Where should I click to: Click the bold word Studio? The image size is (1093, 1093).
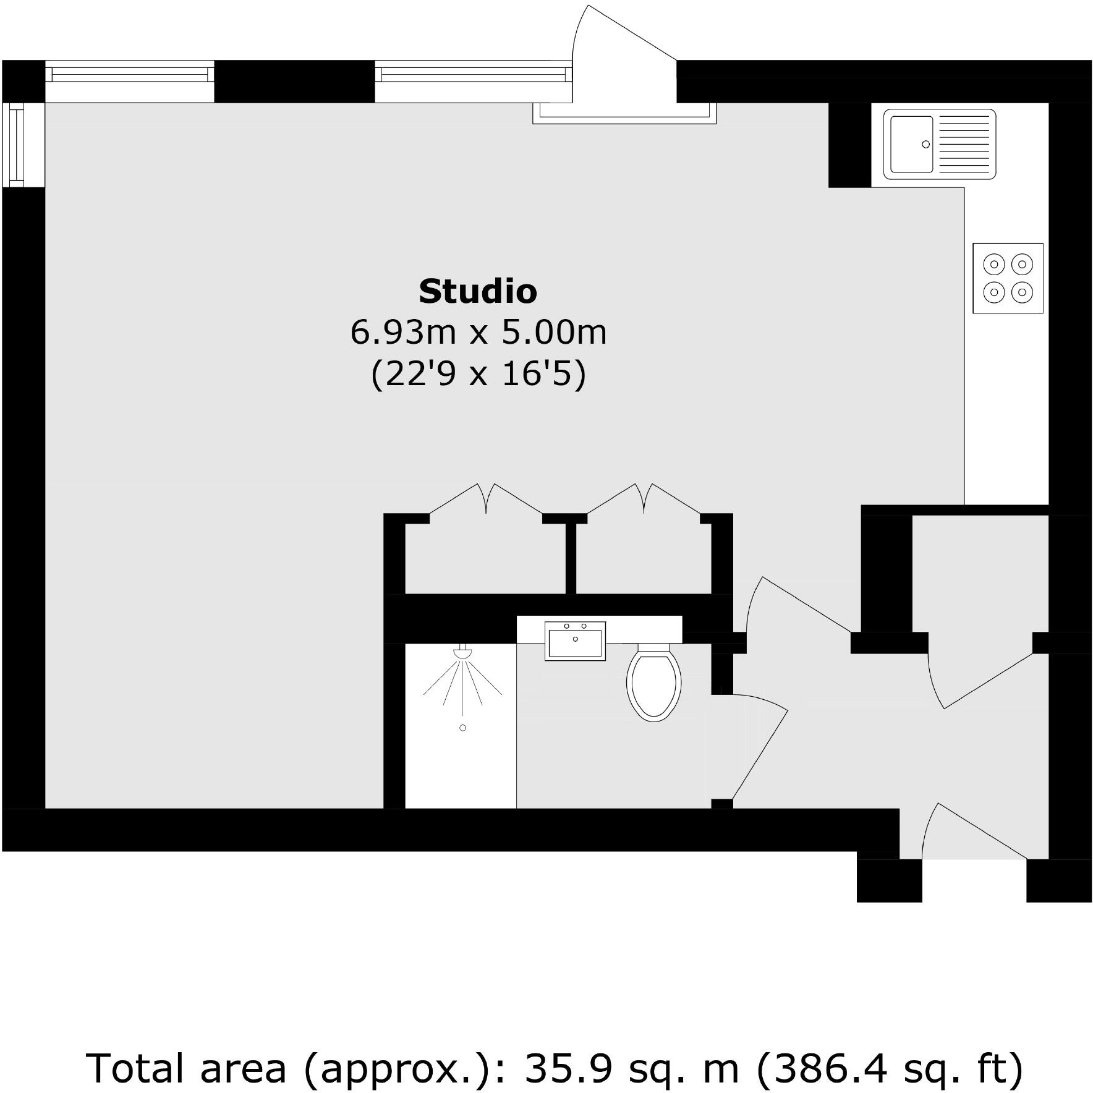point(477,292)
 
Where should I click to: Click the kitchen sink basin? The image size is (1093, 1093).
point(911,144)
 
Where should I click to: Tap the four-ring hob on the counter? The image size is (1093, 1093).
point(1008,278)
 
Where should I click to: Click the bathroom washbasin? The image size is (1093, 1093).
point(575,641)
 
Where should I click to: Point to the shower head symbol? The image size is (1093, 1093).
point(462,653)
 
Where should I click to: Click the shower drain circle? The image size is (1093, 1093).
point(462,728)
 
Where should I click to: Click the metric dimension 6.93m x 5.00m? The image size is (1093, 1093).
point(478,333)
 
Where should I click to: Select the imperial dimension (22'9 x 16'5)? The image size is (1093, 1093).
point(478,374)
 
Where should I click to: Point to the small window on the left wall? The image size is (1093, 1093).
point(16,145)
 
